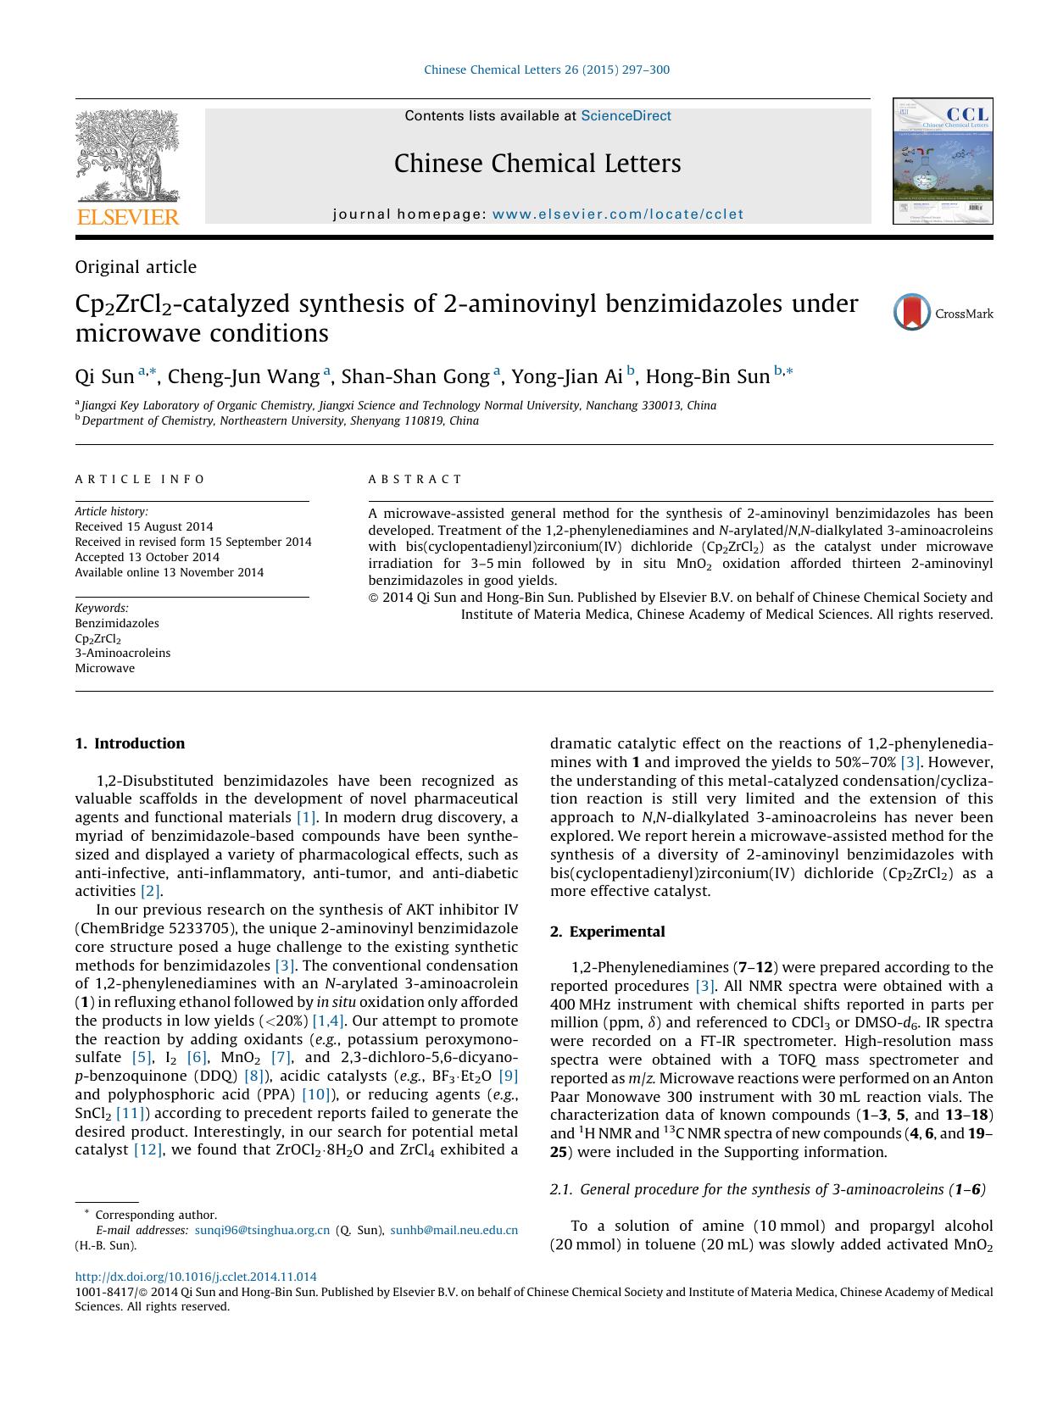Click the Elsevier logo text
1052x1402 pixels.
(x=128, y=217)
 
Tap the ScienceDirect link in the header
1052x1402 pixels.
(x=626, y=116)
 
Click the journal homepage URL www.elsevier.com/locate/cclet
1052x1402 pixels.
(x=617, y=214)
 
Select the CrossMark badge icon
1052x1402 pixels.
(x=912, y=313)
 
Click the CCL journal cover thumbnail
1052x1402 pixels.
(x=942, y=161)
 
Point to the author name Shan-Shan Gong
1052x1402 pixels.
(x=415, y=376)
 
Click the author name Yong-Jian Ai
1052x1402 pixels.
(x=567, y=376)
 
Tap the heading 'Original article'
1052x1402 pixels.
(x=136, y=267)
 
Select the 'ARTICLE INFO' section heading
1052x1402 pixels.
(x=140, y=480)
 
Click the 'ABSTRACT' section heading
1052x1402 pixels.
(x=415, y=480)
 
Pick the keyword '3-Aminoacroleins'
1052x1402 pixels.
(x=123, y=654)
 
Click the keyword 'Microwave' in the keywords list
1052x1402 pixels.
(x=105, y=669)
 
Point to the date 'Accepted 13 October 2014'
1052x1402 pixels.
(x=148, y=558)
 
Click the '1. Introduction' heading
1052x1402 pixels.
(x=130, y=744)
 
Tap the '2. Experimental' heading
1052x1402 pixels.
(x=607, y=932)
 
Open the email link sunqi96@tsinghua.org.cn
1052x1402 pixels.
(x=262, y=1231)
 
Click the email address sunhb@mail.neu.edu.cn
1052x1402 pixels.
(x=454, y=1231)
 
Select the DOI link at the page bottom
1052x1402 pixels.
(x=196, y=1277)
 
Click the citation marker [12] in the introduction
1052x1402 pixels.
(x=148, y=1150)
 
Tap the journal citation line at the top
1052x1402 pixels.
(x=547, y=70)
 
